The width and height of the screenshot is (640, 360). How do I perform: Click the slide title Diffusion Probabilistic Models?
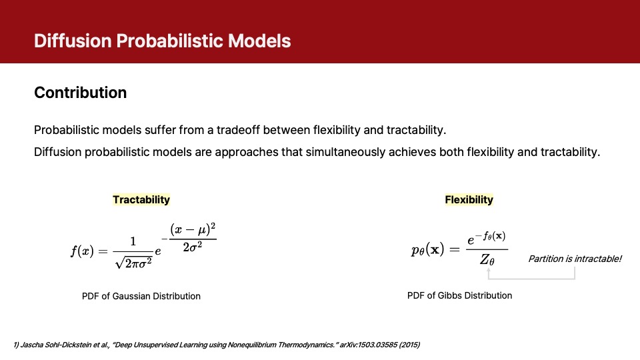[x=163, y=41]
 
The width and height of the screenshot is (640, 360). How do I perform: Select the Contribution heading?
[x=81, y=93]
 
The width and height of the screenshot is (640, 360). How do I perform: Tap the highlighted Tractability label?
[x=141, y=199]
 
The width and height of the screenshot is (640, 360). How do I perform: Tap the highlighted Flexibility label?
[x=469, y=199]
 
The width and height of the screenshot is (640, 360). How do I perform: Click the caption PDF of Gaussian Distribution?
[x=141, y=296]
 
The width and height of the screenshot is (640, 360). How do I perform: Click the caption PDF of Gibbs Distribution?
[x=459, y=295]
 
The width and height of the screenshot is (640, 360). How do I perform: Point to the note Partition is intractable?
[x=575, y=259]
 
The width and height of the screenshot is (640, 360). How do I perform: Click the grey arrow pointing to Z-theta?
[x=531, y=279]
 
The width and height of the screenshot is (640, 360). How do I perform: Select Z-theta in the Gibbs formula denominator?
[x=487, y=259]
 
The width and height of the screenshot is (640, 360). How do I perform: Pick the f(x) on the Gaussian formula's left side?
[x=82, y=251]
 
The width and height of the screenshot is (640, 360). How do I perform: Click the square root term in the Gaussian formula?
[x=133, y=263]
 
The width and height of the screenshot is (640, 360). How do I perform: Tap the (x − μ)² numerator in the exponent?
[x=193, y=230]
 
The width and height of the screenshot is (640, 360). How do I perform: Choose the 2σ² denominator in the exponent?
[x=192, y=247]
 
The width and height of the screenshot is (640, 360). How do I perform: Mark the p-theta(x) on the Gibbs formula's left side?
[x=427, y=249]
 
